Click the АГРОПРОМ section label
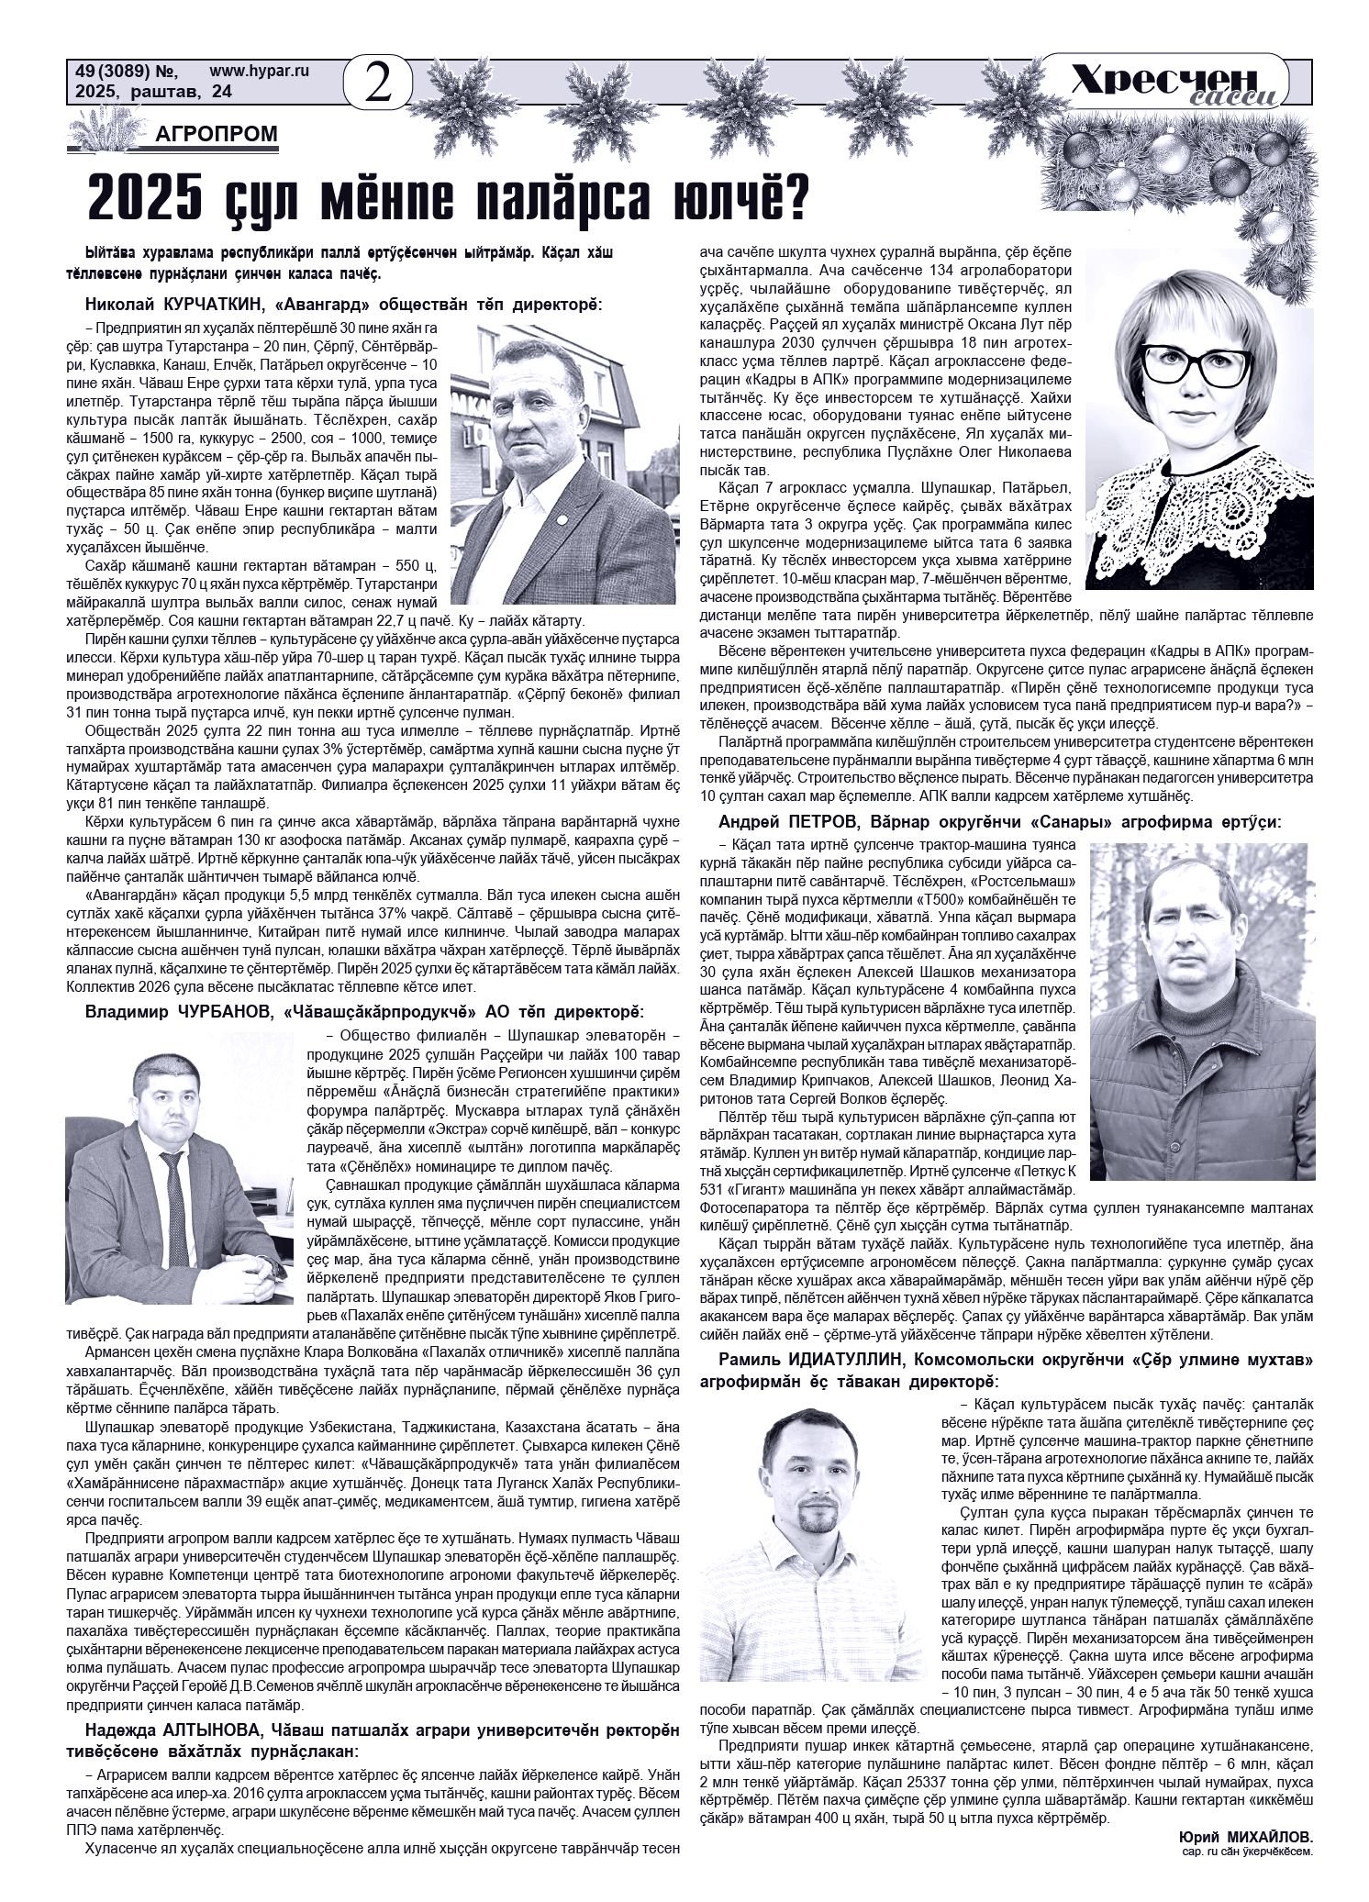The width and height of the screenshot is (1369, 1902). pos(217,135)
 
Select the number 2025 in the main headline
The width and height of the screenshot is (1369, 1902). pos(146,197)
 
